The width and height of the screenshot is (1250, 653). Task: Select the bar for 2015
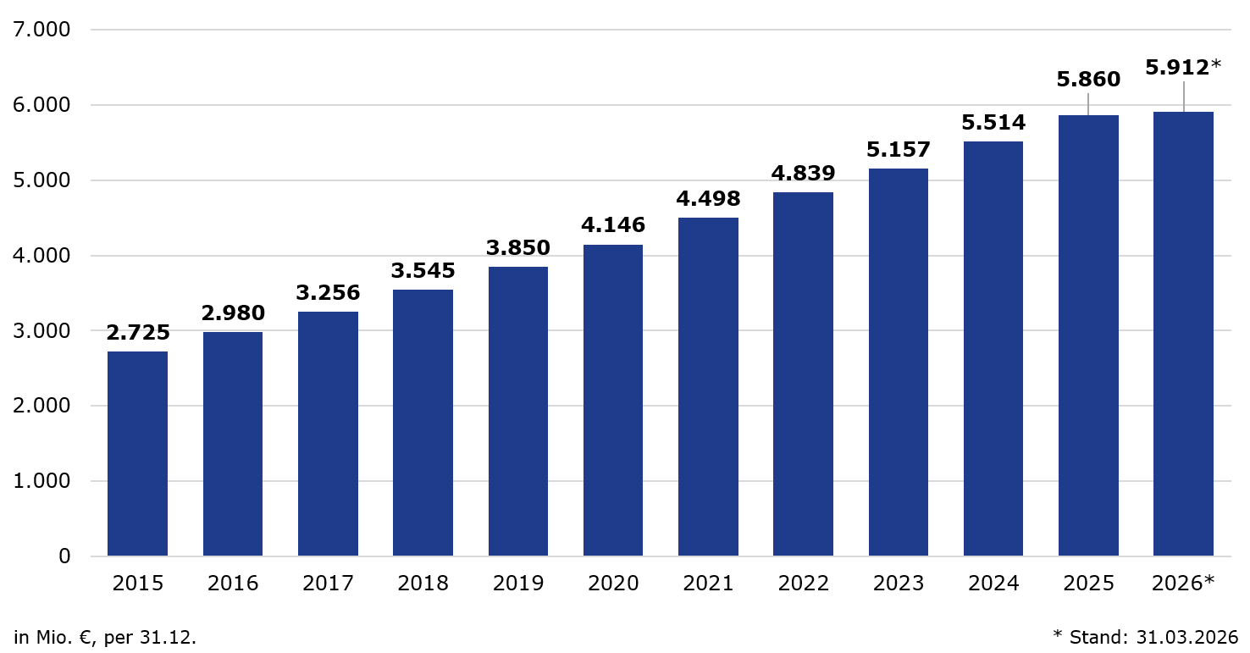pos(137,453)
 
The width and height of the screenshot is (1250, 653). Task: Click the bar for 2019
pos(517,411)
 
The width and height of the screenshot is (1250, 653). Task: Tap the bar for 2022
pos(803,374)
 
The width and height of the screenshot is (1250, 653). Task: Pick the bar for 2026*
pos(1183,334)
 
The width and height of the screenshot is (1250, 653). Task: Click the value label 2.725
pos(138,333)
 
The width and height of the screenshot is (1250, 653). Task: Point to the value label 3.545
pos(423,271)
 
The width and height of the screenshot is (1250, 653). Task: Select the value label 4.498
pos(708,199)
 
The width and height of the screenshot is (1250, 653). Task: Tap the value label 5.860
pos(1088,80)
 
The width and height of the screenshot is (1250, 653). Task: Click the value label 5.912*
pos(1183,68)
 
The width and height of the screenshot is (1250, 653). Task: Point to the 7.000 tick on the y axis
pos(41,30)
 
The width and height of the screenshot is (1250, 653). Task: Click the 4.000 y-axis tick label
pos(41,256)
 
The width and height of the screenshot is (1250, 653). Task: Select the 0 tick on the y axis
pos(64,556)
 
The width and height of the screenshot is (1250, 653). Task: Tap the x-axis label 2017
pos(328,584)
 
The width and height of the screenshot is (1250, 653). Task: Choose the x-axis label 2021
pos(708,584)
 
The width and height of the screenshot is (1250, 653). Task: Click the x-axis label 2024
pos(993,584)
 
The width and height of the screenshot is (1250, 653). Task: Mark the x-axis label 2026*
pos(1183,584)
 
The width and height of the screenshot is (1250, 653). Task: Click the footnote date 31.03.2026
pos(1187,637)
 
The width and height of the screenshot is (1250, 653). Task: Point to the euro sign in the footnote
pos(86,638)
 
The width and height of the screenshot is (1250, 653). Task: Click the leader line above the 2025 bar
pos(1088,104)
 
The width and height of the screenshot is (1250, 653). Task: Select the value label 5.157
pos(899,150)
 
